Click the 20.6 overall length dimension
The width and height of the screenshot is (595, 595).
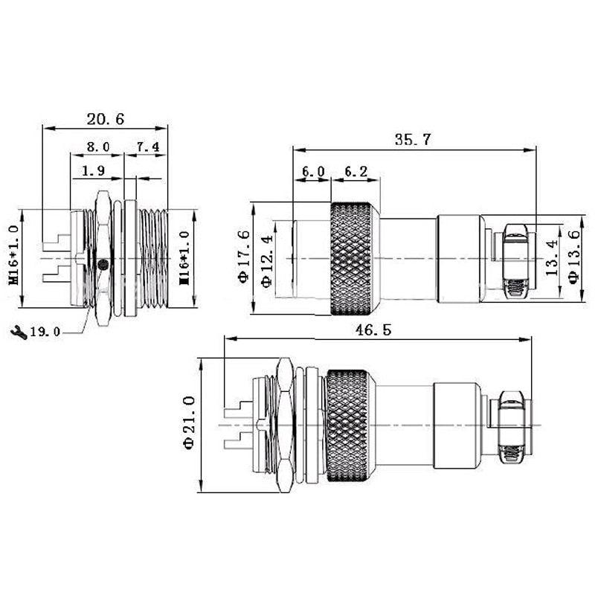[105, 118]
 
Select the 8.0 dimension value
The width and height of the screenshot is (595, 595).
[97, 147]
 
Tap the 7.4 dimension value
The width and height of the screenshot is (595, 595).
[147, 147]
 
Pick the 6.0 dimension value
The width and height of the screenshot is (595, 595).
[312, 171]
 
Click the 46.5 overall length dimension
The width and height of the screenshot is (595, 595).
[377, 330]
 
